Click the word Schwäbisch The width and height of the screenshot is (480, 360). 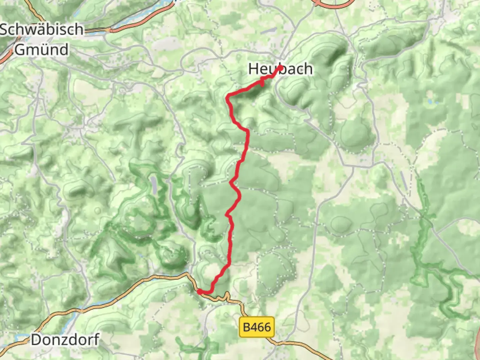42,29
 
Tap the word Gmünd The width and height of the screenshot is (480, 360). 42,50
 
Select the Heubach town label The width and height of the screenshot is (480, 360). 280,69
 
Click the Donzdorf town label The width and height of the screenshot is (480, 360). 65,340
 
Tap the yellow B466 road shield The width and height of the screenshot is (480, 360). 257,327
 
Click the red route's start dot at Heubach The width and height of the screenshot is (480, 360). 281,68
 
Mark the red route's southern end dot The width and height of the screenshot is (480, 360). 199,291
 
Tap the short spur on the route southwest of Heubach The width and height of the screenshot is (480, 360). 262,82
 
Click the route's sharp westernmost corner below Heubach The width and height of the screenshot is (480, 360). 228,97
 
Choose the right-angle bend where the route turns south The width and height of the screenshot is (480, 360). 247,131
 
